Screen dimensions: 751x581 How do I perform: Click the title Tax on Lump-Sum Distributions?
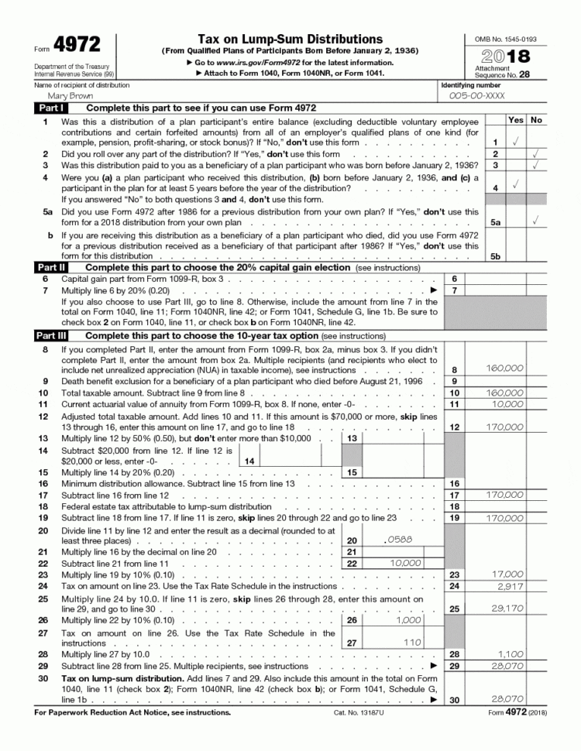coord(290,39)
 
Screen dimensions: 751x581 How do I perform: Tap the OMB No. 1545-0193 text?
coord(505,39)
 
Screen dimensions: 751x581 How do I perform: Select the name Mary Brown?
coord(70,97)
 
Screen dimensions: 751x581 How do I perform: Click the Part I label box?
coord(51,108)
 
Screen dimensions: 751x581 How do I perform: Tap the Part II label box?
coord(52,267)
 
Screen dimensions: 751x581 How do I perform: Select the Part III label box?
coord(52,336)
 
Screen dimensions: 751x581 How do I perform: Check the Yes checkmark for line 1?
coord(515,142)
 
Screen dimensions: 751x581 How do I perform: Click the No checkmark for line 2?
coord(535,154)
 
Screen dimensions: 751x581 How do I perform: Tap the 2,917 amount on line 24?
coord(508,586)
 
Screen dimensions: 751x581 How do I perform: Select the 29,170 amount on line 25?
coord(507,609)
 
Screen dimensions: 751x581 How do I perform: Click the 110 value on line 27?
coord(410,642)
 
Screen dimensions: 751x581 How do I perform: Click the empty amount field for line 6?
coord(506,279)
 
